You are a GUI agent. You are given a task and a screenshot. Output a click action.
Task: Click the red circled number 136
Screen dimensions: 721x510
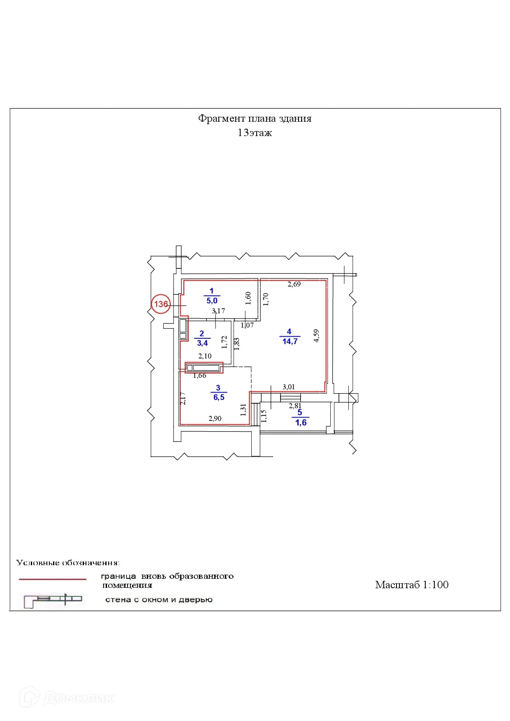tap(161, 304)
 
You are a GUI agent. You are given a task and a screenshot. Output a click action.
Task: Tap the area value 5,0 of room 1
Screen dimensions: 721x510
tap(212, 301)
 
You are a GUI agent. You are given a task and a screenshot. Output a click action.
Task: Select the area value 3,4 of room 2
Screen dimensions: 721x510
tap(202, 343)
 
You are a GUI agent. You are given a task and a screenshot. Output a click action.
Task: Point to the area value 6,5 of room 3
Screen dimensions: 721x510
tap(219, 397)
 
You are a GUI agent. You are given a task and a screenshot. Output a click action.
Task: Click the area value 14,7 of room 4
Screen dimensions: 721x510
tap(290, 341)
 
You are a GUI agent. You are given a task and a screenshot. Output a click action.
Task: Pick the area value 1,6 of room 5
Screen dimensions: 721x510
tap(301, 423)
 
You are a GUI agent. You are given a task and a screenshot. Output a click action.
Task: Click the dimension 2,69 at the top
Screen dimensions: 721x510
tap(294, 284)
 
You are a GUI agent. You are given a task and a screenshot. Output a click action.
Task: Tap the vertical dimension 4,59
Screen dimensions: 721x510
tap(316, 336)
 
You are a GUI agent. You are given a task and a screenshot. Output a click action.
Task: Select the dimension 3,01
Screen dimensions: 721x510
tap(288, 387)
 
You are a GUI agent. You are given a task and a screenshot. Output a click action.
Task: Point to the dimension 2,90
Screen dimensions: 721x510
tap(215, 418)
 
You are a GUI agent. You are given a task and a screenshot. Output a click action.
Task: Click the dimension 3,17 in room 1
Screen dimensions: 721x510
tap(218, 311)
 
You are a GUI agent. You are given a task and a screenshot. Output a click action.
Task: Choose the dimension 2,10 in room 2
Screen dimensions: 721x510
tap(205, 356)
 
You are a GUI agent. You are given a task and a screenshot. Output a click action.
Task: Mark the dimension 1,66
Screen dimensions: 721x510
tap(199, 375)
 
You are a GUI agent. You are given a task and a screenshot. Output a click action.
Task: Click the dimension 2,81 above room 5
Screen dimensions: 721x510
tap(295, 406)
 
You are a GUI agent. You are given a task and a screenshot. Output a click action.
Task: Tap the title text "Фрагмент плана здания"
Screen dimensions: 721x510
tap(255, 118)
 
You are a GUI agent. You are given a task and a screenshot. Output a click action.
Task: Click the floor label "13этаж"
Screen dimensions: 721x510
tap(255, 133)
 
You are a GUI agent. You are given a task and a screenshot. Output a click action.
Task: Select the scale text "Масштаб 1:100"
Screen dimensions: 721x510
tap(411, 585)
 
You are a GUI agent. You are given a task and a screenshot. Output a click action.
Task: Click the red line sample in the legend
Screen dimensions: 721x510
tap(53, 579)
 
